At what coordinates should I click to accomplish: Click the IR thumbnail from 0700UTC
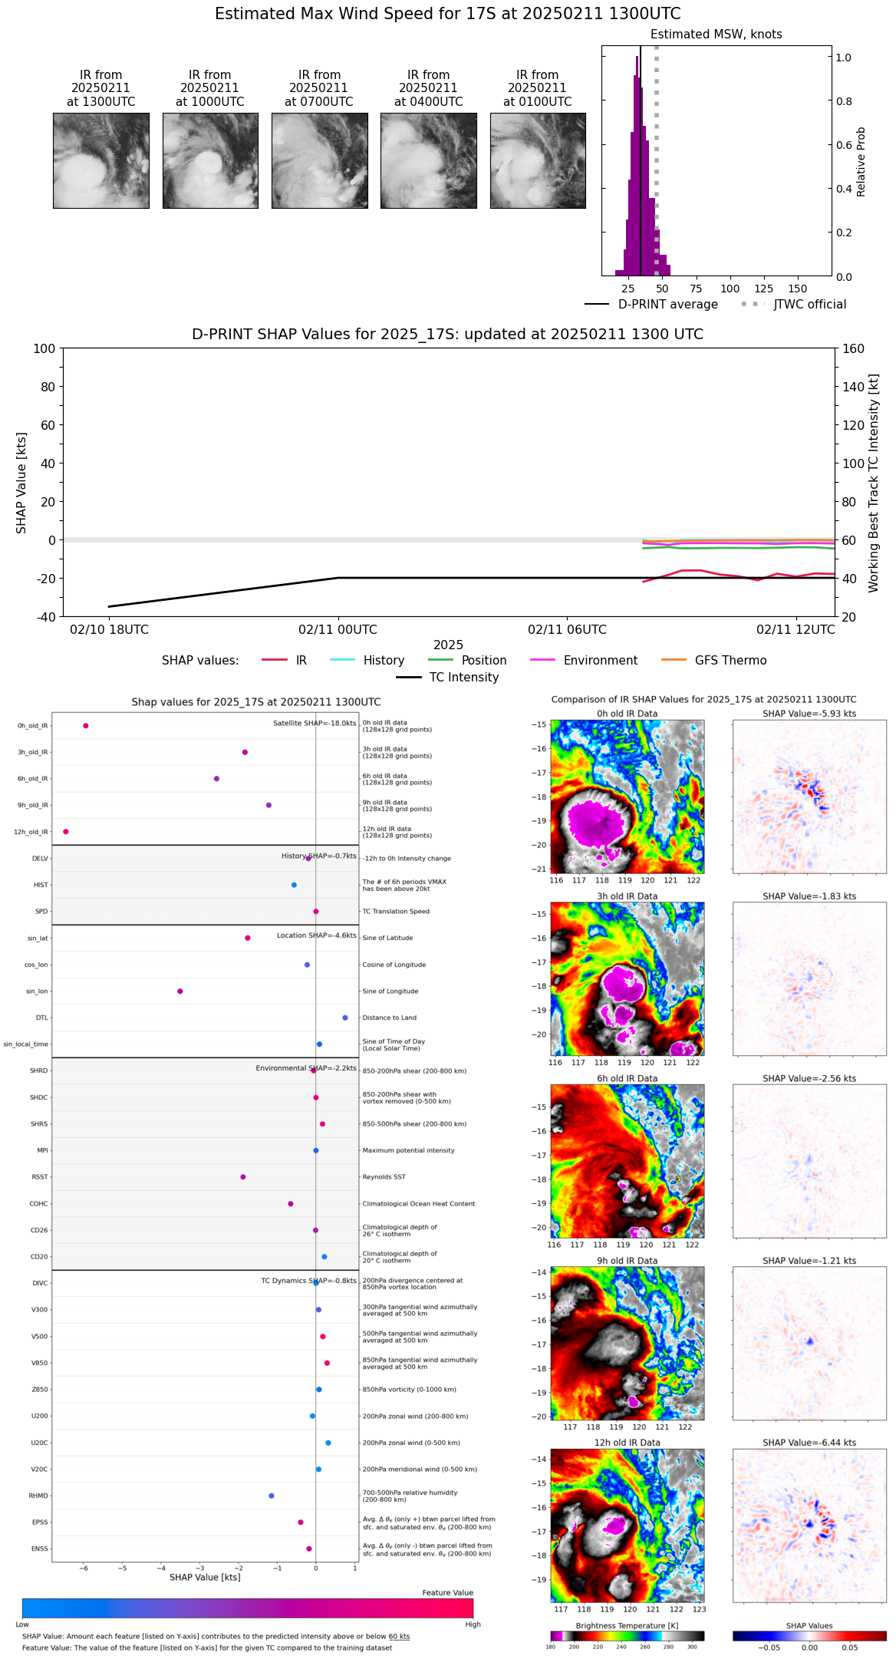[319, 160]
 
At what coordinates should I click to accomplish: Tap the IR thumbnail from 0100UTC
[538, 160]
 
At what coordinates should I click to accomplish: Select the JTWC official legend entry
[809, 305]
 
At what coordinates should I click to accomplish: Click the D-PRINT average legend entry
[667, 305]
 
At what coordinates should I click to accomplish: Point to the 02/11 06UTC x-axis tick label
[567, 630]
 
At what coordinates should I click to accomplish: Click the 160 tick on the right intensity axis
[854, 348]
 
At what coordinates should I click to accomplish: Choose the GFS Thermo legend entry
[730, 661]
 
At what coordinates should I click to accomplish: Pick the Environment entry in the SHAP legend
[600, 661]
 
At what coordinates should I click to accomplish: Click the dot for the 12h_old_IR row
[66, 832]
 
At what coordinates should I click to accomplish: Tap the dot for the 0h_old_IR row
[86, 726]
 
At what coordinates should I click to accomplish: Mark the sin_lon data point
[180, 991]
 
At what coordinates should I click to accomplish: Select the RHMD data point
[272, 1496]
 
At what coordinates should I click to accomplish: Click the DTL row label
[41, 1018]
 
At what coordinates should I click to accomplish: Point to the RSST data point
[243, 1177]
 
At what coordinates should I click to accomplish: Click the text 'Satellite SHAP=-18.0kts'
[315, 724]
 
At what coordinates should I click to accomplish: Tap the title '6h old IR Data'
[627, 1079]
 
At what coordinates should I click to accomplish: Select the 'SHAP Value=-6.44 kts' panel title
[809, 1443]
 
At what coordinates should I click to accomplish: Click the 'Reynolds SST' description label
[384, 1177]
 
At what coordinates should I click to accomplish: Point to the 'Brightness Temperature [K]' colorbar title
[627, 1626]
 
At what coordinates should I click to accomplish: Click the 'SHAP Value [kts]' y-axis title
[21, 483]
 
